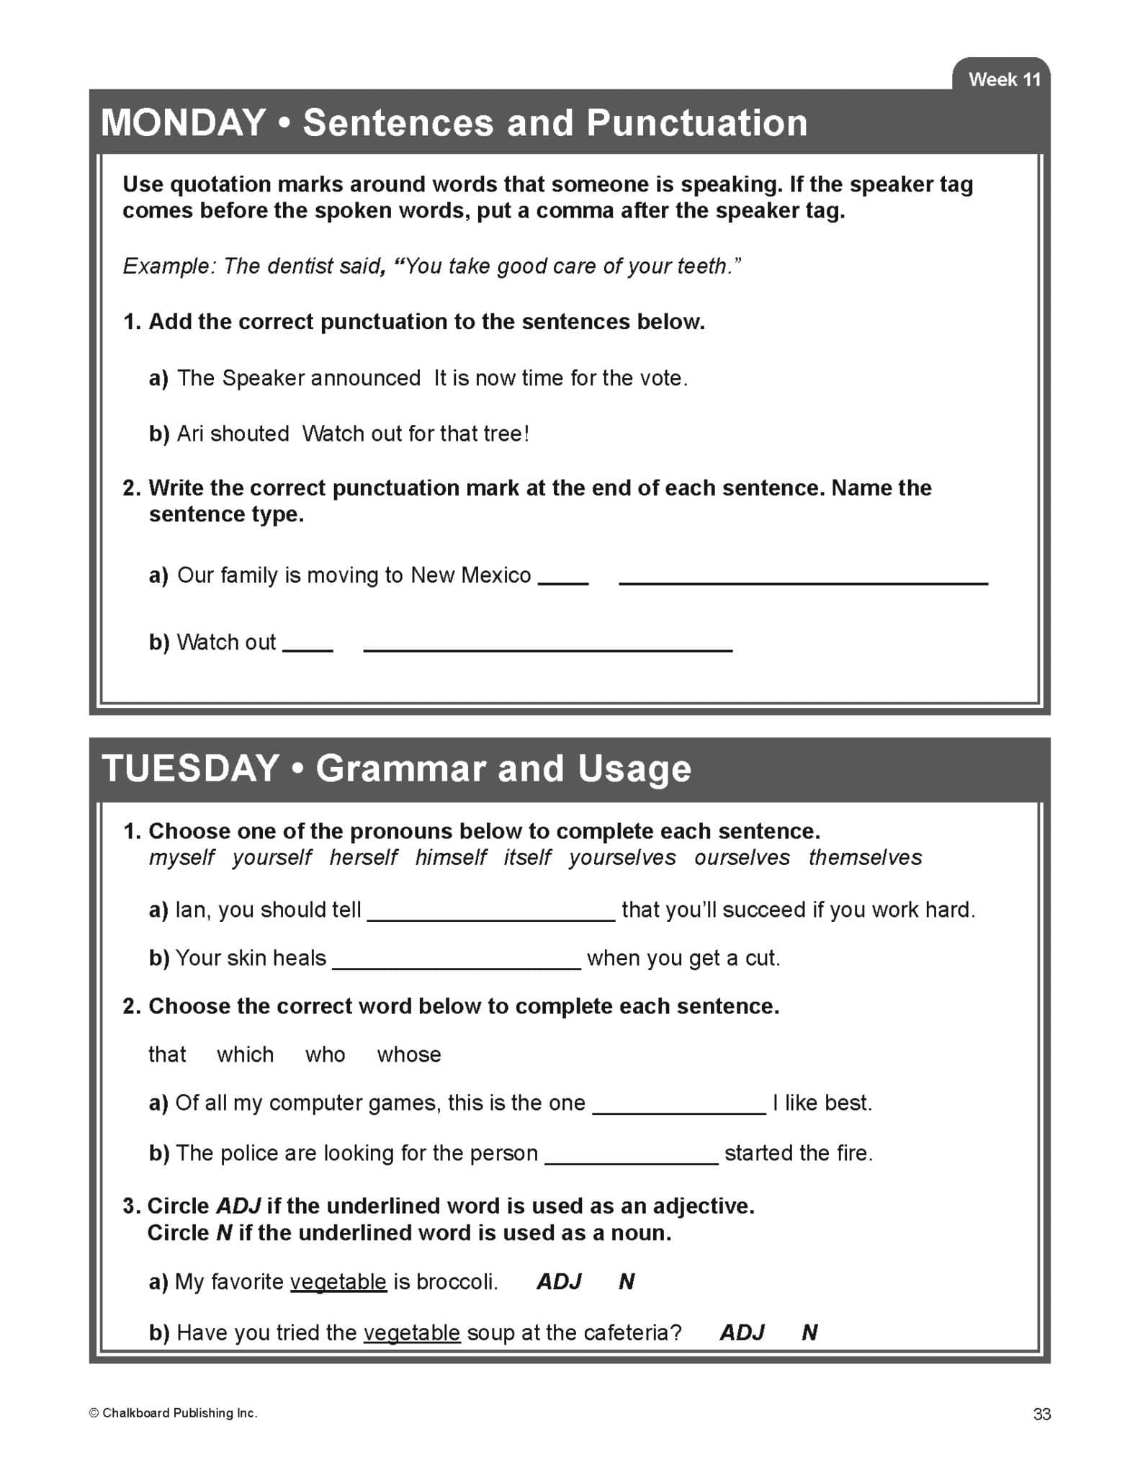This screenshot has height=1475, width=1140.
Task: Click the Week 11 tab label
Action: [x=1004, y=79]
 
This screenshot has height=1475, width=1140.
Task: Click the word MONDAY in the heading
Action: [x=184, y=122]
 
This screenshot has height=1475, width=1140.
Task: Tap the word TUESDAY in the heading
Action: [x=191, y=768]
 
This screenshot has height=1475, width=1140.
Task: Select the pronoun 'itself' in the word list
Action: [x=527, y=857]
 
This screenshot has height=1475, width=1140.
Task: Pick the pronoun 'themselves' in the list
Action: [x=865, y=857]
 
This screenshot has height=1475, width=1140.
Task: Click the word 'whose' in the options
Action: [x=409, y=1054]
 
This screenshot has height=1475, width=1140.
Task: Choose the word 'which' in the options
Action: [x=245, y=1054]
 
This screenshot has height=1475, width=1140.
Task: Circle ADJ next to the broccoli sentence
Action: [x=559, y=1281]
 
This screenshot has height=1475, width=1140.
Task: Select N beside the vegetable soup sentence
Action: [x=809, y=1332]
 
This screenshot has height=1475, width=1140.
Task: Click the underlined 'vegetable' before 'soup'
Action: [x=412, y=1332]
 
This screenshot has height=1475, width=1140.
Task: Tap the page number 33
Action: [x=1041, y=1414]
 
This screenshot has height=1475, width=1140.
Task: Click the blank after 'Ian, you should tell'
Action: [x=491, y=912]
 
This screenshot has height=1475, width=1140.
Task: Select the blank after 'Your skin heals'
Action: [x=457, y=961]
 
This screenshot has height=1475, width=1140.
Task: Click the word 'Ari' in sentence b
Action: [x=191, y=434]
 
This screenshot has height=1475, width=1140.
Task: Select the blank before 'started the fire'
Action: [x=632, y=1155]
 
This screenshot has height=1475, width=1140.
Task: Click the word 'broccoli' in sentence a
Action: [x=456, y=1282]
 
